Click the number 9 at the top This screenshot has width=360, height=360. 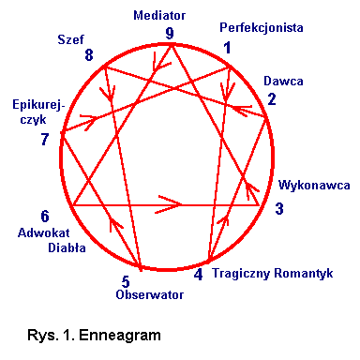(x=170, y=34)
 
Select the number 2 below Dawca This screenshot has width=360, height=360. (x=272, y=98)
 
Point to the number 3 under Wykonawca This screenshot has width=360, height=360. (x=279, y=208)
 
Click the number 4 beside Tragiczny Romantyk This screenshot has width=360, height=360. (x=198, y=275)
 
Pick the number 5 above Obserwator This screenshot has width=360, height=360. (x=125, y=280)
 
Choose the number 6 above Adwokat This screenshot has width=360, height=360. (x=45, y=217)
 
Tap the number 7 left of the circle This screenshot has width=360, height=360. (x=45, y=140)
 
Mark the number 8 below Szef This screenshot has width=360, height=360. (x=89, y=56)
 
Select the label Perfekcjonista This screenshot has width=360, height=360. (x=261, y=28)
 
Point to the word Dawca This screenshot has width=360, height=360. (x=282, y=82)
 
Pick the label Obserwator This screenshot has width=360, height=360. (x=148, y=295)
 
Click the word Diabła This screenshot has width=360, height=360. (x=67, y=248)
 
